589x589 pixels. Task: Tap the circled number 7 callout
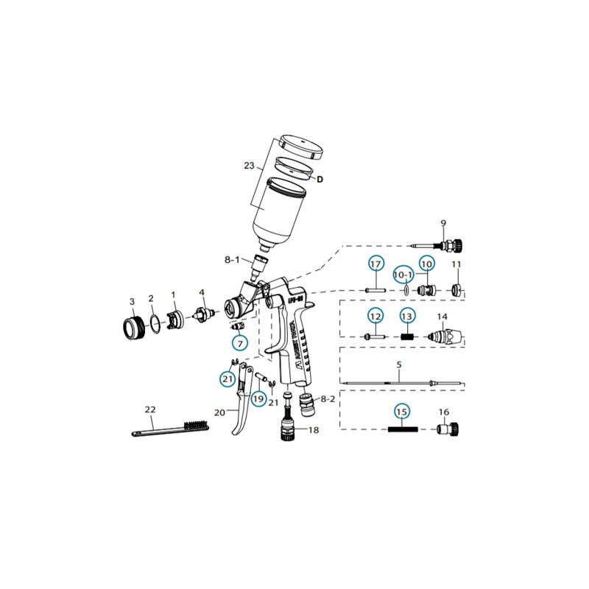[x=240, y=342]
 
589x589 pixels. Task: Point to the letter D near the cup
[x=320, y=178]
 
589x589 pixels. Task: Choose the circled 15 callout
[x=401, y=411]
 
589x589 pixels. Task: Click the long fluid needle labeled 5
[x=401, y=381]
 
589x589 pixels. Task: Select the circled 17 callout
[x=376, y=264]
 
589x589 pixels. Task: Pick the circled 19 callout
[x=258, y=398]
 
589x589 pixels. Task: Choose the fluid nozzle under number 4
[x=202, y=314]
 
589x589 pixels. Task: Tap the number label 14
[x=442, y=317]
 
